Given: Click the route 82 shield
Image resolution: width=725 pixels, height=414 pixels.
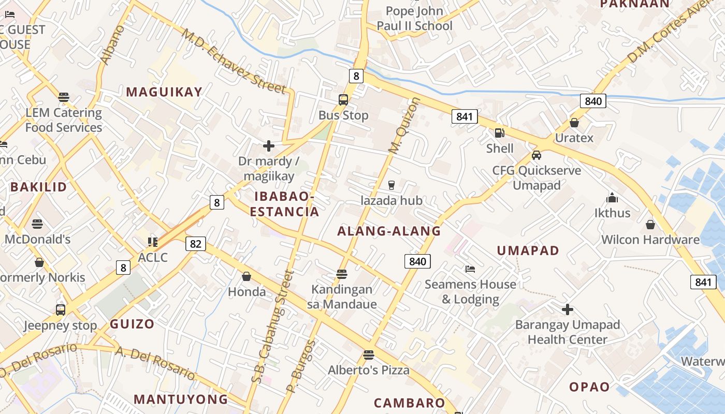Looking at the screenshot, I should point(195,243).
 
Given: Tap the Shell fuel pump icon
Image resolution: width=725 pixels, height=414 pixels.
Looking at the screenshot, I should point(499,133).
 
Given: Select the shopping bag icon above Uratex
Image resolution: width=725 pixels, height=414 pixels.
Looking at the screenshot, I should point(574,123).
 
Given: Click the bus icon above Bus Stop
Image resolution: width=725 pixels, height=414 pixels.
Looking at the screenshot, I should point(343,99).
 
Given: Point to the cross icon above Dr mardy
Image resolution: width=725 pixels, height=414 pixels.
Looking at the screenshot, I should point(268,146).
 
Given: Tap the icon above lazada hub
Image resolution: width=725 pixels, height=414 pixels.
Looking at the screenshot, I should point(391,185).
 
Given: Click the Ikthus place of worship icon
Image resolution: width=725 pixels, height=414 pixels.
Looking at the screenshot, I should point(612,198).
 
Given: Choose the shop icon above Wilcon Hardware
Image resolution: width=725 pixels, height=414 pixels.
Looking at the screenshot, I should point(650,225).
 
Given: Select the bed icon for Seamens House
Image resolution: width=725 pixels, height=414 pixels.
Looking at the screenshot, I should point(470,269).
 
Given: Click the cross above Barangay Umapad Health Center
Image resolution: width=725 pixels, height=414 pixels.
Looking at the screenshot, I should point(568,309).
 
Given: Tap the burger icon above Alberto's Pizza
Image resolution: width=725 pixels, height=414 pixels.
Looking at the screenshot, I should point(368,355).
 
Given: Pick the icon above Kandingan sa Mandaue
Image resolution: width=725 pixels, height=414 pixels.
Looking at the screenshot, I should point(341,274).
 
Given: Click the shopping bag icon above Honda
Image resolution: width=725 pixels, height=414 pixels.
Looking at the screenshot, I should point(247,276).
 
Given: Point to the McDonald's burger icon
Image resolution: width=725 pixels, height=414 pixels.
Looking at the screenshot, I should point(37,224).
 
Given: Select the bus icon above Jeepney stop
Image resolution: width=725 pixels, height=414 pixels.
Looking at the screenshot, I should point(61,310).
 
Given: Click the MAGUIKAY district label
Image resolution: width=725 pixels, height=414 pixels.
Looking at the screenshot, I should point(164,92).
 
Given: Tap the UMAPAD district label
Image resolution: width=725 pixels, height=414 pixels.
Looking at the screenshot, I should point(528,251).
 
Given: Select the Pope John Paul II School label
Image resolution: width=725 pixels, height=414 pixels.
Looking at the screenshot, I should point(414,19).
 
